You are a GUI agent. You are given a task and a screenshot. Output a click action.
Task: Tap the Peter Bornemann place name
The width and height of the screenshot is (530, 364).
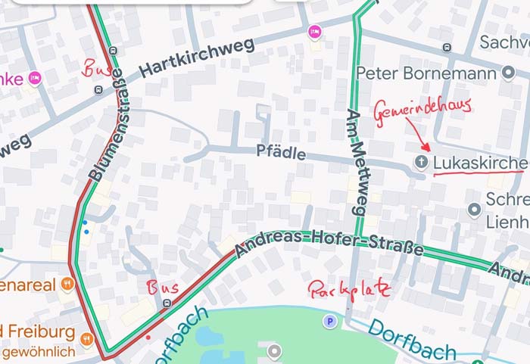point(428,73)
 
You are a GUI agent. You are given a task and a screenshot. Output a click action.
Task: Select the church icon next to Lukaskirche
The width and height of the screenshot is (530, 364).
point(421,163)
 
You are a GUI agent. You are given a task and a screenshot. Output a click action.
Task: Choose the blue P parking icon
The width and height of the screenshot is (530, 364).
point(329,322)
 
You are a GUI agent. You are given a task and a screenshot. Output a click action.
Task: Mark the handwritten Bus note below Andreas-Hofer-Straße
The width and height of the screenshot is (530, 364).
point(163,288)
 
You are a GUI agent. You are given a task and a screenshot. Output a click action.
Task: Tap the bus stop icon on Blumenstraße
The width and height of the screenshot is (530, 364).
point(98,89)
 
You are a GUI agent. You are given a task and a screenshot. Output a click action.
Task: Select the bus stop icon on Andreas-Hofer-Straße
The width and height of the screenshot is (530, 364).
point(167,303)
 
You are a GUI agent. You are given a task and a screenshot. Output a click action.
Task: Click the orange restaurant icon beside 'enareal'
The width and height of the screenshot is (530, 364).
point(68,285)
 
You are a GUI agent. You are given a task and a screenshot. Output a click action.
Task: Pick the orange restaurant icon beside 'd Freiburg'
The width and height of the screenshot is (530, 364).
point(89,338)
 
